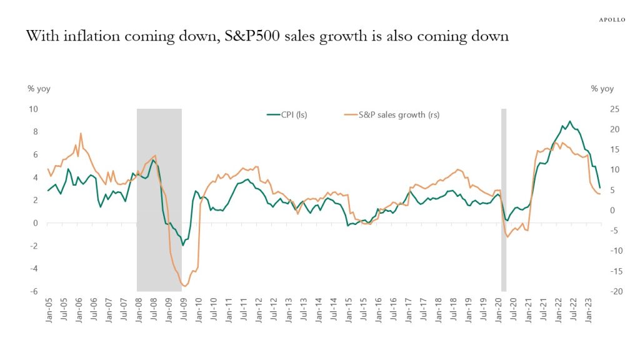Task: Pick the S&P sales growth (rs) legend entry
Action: pos(392,114)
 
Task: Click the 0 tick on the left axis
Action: pos(35,223)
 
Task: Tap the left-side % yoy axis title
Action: pos(39,89)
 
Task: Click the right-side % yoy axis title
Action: pos(602,89)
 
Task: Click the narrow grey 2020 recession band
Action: pos(503,200)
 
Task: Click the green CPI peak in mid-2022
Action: pos(569,121)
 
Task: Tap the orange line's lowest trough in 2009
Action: pos(184,287)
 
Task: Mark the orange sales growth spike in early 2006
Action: pos(81,133)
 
